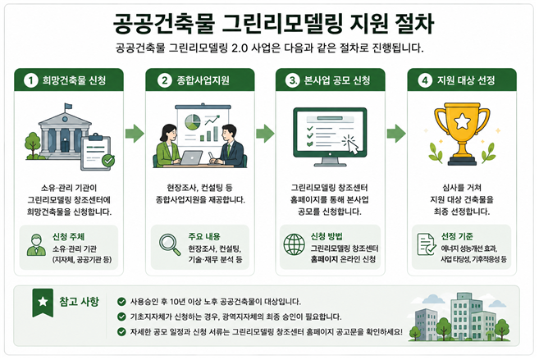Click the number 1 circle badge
tap(30, 80)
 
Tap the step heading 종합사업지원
tap(203, 80)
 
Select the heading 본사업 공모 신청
tap(337, 80)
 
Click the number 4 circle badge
tap(425, 80)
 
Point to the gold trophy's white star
tap(462, 121)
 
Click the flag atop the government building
tap(68, 107)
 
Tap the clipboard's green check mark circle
tap(108, 160)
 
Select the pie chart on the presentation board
tap(193, 122)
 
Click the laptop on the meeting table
tap(191, 158)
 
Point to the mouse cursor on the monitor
tap(351, 145)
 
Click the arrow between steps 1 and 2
tap(135, 134)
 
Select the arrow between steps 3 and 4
tap(396, 134)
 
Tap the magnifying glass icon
tap(170, 244)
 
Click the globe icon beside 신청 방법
tap(295, 244)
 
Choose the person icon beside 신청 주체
tap(36, 245)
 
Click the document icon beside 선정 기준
tap(427, 244)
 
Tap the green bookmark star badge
tap(43, 303)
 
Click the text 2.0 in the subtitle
tap(240, 48)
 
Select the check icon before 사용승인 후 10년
tap(121, 302)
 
